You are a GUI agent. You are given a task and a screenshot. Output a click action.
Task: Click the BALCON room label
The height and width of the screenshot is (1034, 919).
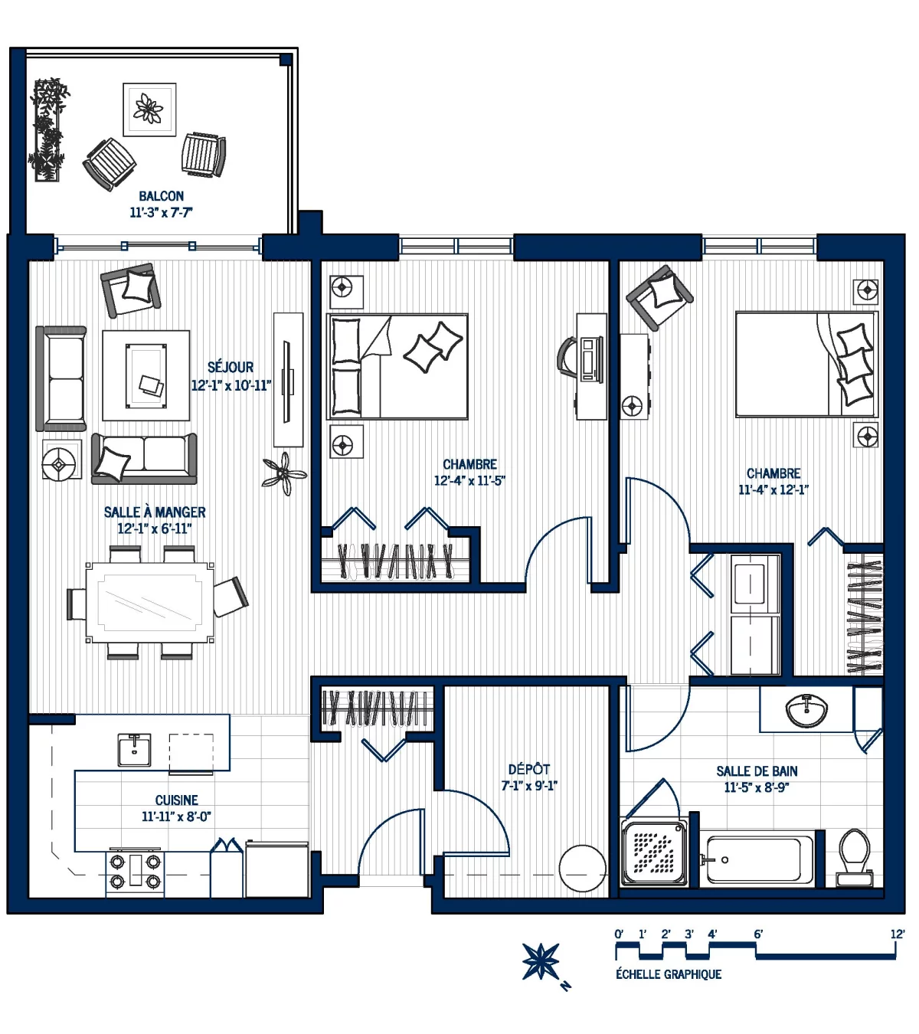(161, 196)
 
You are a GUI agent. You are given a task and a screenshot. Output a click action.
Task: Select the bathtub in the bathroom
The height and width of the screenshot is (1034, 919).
(759, 859)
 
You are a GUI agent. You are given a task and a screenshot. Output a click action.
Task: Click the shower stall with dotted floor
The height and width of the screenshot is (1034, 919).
(654, 852)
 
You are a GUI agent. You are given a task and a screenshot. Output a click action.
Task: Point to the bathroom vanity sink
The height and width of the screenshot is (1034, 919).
(806, 710)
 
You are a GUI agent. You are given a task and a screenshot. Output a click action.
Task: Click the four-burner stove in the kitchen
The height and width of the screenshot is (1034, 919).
(135, 871)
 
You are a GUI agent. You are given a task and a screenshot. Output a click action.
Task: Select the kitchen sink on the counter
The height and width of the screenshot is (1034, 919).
(134, 750)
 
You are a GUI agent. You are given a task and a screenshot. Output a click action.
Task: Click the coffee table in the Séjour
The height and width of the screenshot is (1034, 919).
(146, 375)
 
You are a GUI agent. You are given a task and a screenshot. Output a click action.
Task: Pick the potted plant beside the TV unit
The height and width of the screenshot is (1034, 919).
(284, 473)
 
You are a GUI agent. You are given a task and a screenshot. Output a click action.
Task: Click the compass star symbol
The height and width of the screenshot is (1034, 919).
(541, 961)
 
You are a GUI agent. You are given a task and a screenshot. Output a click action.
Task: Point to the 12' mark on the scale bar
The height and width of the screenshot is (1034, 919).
(897, 934)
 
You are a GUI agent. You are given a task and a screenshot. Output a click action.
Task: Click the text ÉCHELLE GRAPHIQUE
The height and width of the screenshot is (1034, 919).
(668, 974)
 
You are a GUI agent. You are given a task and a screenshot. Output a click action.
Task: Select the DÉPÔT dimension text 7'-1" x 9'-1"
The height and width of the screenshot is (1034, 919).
(528, 786)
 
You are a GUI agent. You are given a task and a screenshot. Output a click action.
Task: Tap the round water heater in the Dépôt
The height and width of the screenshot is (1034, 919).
(582, 869)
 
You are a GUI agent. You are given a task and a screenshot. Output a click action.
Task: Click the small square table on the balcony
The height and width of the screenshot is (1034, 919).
(149, 110)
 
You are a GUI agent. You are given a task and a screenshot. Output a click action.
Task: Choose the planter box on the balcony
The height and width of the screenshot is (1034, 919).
(48, 130)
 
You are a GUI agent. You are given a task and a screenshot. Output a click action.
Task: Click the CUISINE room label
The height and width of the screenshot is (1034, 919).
(176, 800)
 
